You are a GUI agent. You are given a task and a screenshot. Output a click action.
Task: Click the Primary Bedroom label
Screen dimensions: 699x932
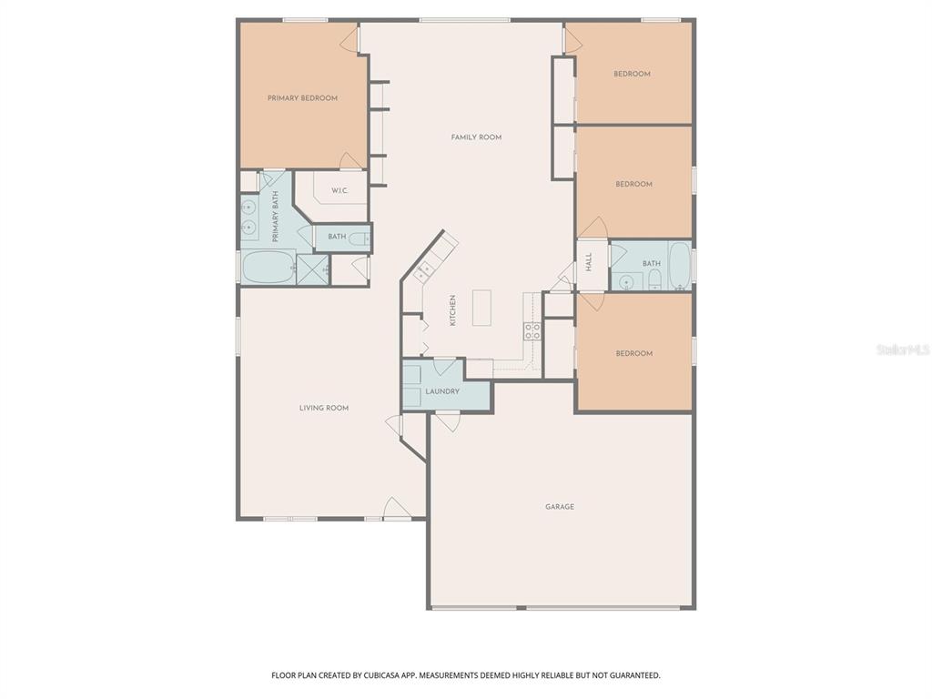[302, 98]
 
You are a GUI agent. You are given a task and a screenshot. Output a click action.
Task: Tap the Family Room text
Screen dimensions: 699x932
[476, 137]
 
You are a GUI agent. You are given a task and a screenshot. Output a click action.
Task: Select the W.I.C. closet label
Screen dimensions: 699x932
[339, 191]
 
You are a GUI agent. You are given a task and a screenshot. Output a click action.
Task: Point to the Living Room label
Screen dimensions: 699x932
[324, 409]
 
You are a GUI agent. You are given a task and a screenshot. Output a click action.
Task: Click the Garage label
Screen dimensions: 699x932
[560, 507]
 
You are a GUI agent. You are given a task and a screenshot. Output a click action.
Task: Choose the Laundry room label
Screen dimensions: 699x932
[441, 392]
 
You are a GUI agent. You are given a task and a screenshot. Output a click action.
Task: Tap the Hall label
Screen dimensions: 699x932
[589, 262]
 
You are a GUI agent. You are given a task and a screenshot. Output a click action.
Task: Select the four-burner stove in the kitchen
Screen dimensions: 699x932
[532, 330]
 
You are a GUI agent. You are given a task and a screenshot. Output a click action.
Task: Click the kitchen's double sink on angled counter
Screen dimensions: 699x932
[424, 270]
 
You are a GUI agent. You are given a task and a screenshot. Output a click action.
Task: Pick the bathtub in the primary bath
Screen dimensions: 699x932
[268, 268]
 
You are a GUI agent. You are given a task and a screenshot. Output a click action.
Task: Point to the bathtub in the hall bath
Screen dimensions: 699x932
[679, 265]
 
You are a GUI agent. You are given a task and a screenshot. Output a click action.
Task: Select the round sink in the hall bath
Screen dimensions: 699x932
[625, 281]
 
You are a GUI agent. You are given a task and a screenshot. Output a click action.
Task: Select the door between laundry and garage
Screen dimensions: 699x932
[447, 420]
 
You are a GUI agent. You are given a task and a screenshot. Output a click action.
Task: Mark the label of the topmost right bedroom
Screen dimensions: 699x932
[632, 74]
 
